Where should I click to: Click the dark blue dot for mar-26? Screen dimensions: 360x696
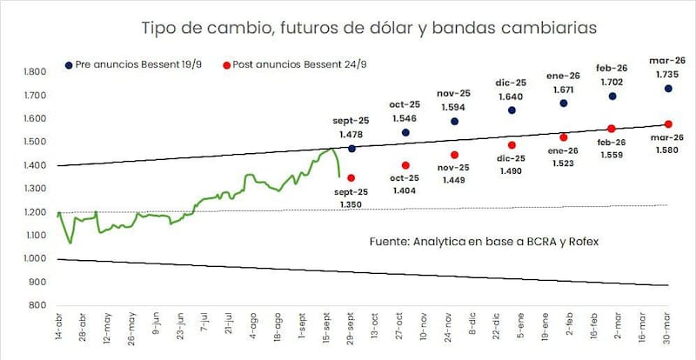[x=668, y=89]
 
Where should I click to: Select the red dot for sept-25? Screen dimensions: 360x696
[x=351, y=177]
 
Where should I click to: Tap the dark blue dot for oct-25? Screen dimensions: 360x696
[x=405, y=132]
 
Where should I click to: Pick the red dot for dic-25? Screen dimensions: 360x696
[x=512, y=145]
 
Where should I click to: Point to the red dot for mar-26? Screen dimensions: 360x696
[x=668, y=124]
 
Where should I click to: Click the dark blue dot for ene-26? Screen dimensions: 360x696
[x=563, y=103]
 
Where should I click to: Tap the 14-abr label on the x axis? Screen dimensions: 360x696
[x=59, y=333]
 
